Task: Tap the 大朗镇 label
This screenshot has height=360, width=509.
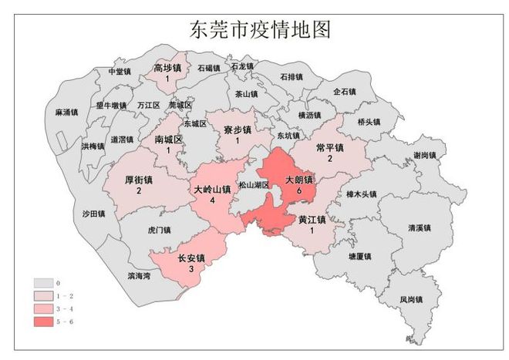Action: [x=299, y=180]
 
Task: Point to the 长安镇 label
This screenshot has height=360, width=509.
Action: [x=191, y=257]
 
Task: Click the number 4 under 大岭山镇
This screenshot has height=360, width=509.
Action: [x=211, y=200]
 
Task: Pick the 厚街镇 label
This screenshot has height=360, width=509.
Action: [x=139, y=180]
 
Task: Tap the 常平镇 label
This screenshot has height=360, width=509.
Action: [x=330, y=147]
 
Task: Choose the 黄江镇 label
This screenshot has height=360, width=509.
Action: [x=312, y=219]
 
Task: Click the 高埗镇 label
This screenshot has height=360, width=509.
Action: [x=167, y=68]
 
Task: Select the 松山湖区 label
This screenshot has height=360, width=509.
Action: [x=254, y=186]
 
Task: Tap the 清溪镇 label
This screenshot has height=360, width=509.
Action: [x=420, y=228]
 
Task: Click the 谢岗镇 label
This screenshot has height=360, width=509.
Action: [x=425, y=155]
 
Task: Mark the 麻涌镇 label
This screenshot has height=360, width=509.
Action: [x=67, y=113]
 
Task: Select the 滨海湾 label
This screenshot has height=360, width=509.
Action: [x=140, y=274]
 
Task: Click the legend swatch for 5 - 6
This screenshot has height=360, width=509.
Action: [x=44, y=319]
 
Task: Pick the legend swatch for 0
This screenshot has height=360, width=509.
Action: [x=44, y=284]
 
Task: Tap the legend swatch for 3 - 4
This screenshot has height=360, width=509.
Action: [x=44, y=308]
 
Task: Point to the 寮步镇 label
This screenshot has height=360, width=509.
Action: [x=238, y=130]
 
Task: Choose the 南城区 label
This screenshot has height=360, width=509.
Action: [x=168, y=140]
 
